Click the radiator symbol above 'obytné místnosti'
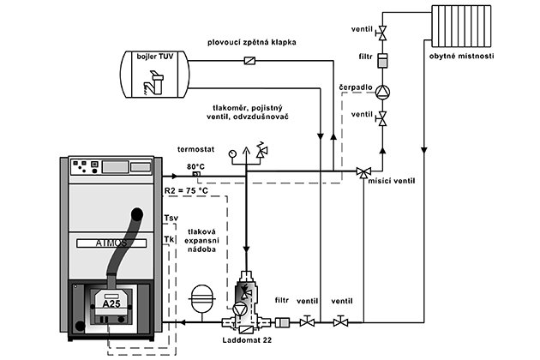point(461,26)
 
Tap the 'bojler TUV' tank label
point(154,57)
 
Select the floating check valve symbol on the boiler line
point(249,61)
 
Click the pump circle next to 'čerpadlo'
point(382,93)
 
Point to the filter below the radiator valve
point(382,61)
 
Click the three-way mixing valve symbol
point(363,172)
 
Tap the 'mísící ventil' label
point(392,181)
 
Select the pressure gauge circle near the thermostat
point(232,153)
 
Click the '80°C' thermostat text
point(195,166)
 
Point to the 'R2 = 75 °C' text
point(186,190)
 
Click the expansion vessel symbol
point(202,298)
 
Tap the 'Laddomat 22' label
point(247,340)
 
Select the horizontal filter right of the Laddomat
point(282,322)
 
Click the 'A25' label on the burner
point(111,303)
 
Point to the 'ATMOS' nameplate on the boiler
point(111,243)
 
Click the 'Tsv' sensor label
point(171,218)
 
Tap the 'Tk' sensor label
point(169,239)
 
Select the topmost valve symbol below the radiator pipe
point(381,33)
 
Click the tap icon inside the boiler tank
point(153,82)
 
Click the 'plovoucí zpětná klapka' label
point(252,42)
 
